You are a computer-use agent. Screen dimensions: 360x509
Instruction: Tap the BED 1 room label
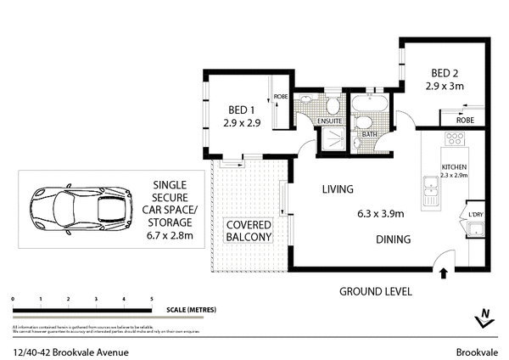click(241, 110)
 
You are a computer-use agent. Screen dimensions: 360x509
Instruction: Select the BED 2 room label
click(445, 74)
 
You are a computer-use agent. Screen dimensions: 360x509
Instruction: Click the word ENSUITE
click(330, 121)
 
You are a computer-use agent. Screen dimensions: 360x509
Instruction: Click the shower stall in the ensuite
click(331, 143)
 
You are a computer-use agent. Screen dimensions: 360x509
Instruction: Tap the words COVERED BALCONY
click(248, 232)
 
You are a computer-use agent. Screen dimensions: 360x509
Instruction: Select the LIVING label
click(337, 189)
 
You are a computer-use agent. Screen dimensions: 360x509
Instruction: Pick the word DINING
click(394, 240)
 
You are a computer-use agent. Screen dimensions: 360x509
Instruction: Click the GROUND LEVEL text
click(376, 291)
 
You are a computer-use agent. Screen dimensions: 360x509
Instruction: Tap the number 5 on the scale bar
click(151, 300)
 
